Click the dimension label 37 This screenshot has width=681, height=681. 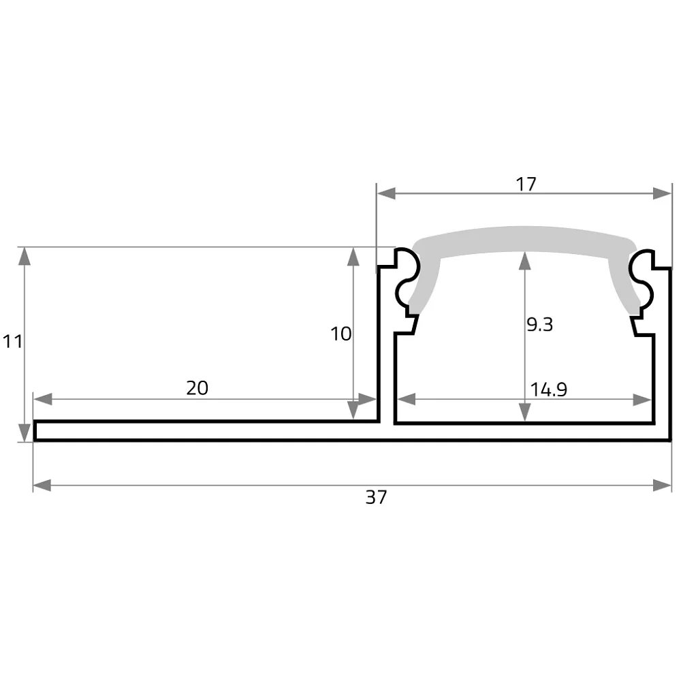point(376,497)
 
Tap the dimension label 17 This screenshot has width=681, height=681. point(526,184)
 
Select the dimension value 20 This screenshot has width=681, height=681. point(197,388)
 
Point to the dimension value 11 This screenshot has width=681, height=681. point(12,341)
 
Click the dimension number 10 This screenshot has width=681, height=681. point(341,334)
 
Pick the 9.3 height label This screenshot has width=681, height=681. point(540,324)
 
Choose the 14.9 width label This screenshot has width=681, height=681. point(548,389)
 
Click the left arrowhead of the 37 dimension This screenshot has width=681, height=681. point(42,486)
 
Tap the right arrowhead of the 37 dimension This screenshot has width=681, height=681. point(663,486)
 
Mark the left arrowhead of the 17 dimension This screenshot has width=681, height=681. point(386,193)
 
